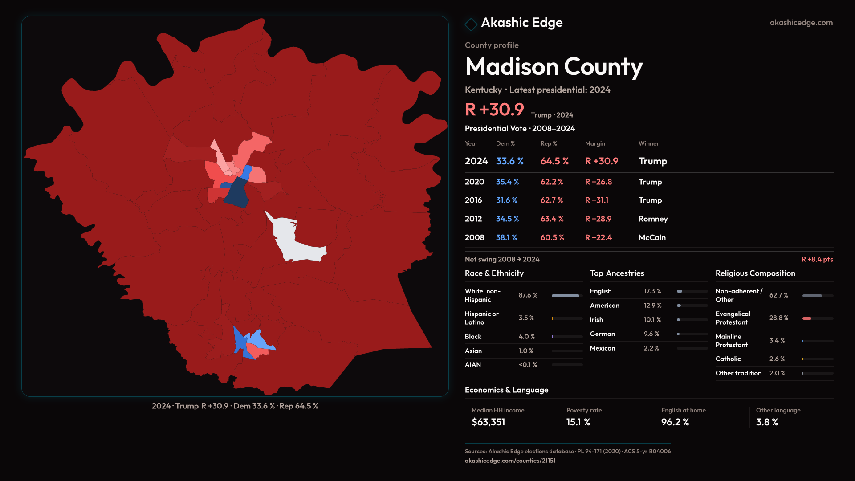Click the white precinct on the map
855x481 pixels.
289,240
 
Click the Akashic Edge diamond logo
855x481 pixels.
471,24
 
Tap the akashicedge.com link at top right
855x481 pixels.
801,23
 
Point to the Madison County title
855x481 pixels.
554,67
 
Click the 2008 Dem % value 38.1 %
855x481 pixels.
506,238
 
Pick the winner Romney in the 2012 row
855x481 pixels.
653,219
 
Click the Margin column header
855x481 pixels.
595,143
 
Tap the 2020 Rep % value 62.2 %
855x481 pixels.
552,182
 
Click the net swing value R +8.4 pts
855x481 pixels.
817,260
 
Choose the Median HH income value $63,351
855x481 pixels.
488,422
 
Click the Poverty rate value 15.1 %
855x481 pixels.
578,422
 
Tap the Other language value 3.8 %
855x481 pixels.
767,422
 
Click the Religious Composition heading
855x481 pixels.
755,273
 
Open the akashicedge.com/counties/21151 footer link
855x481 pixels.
510,461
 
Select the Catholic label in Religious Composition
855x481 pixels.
728,359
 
